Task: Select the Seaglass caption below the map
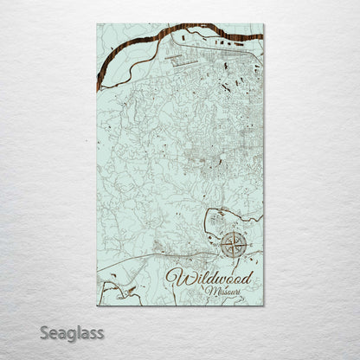pyautogui.click(x=76, y=332)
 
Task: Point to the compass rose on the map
pyautogui.click(x=233, y=245)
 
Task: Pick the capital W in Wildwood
pyautogui.click(x=179, y=277)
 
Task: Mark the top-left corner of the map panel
pyautogui.click(x=98, y=24)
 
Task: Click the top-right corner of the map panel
pyautogui.click(x=263, y=24)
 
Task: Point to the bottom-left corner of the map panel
pyautogui.click(x=98, y=305)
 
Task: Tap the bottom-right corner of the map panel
pyautogui.click(x=263, y=305)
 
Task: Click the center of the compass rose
pyautogui.click(x=233, y=245)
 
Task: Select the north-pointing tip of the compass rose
pyautogui.click(x=233, y=231)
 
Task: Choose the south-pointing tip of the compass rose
pyautogui.click(x=233, y=259)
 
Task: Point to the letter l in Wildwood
pyautogui.click(x=196, y=276)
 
